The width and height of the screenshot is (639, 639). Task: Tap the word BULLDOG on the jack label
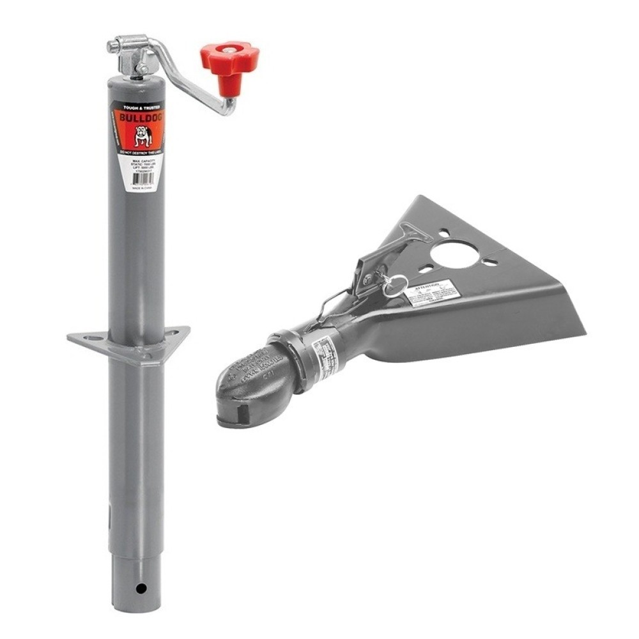[138, 119]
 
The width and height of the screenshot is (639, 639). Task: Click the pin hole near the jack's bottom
[140, 588]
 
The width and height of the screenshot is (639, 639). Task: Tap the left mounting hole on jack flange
[88, 335]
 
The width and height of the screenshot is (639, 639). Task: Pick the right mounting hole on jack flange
[173, 330]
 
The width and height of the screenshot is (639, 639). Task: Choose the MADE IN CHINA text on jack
[139, 189]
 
